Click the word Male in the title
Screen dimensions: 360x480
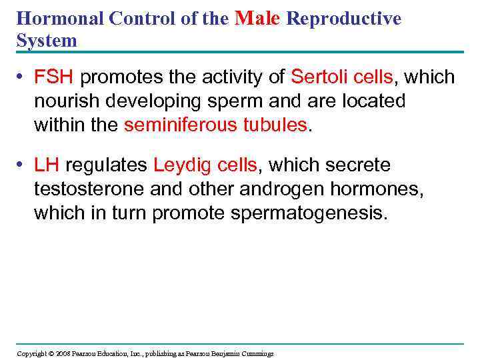click(259, 18)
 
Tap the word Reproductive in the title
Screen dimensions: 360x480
click(344, 19)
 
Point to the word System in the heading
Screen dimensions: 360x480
click(47, 41)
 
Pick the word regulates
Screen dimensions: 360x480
click(107, 165)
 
